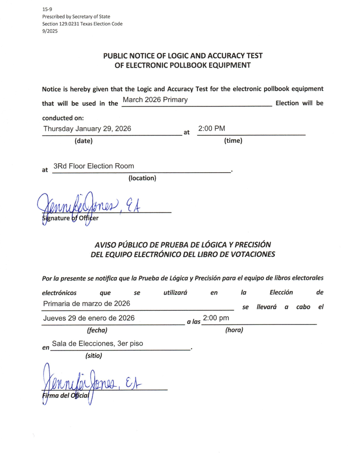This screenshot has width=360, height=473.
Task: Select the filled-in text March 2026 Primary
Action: coord(155,100)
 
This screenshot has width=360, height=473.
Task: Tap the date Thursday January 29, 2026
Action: coord(87,129)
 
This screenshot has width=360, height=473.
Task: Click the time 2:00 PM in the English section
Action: coord(211,129)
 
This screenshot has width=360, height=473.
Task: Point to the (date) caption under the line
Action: coord(84,140)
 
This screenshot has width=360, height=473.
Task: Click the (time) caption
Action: coord(233,140)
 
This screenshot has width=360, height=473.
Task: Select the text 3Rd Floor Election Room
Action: coord(94,166)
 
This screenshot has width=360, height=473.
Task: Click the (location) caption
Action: coord(142,178)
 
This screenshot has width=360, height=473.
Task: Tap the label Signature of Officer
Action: coord(70,218)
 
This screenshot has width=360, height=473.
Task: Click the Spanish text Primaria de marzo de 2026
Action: coord(87,303)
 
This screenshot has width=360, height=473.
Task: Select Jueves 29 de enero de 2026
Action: coord(89,318)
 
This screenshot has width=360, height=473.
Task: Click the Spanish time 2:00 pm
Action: coord(216,318)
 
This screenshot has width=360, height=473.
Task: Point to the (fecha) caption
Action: coord(97,330)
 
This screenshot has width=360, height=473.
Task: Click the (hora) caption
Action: coord(234,330)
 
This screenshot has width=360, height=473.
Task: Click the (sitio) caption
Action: coord(94,356)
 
